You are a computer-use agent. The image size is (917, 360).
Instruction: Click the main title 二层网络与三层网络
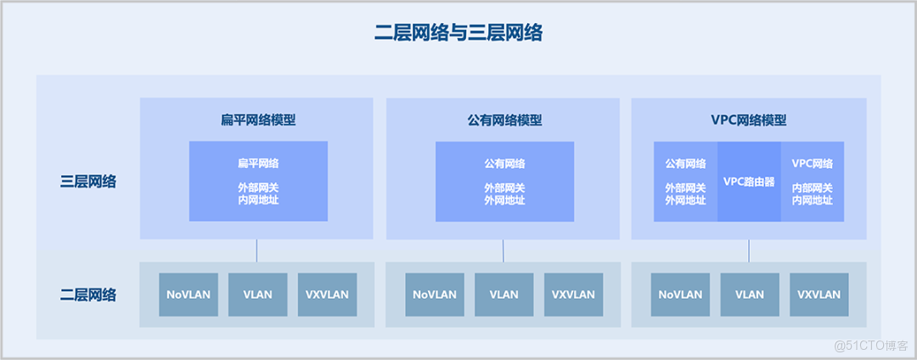[458, 33]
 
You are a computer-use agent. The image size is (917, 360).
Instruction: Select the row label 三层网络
[88, 181]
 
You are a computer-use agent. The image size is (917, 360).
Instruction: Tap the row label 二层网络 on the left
[88, 295]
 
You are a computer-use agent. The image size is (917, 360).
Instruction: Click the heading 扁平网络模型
[258, 120]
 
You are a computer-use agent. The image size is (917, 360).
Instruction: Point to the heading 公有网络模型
[504, 120]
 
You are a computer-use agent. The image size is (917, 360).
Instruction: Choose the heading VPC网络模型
[749, 120]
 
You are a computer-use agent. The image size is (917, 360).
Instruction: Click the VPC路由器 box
[749, 182]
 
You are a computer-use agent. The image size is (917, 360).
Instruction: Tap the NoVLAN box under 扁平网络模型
[188, 295]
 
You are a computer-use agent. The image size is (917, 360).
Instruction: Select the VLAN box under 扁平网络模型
[257, 295]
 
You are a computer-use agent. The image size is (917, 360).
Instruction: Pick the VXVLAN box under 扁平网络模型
[327, 295]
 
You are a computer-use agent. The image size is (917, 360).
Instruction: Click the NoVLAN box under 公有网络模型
[435, 295]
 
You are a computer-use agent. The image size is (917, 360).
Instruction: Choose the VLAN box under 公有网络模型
[504, 295]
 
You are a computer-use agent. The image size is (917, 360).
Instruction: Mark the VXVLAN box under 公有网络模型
[573, 295]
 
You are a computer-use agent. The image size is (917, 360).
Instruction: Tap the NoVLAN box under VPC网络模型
[681, 295]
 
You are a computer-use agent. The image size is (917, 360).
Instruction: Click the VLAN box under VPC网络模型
[750, 295]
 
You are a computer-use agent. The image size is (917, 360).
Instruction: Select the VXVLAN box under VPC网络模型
[819, 295]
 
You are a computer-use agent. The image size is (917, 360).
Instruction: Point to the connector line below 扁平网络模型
[256, 250]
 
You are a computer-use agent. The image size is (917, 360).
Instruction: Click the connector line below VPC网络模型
[749, 250]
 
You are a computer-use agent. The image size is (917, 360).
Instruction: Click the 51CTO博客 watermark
[870, 345]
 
